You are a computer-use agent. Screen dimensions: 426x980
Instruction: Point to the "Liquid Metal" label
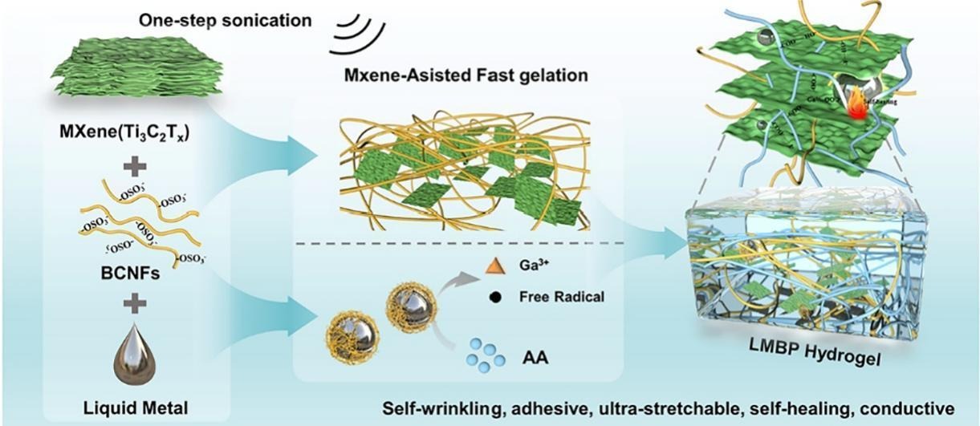(134, 408)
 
